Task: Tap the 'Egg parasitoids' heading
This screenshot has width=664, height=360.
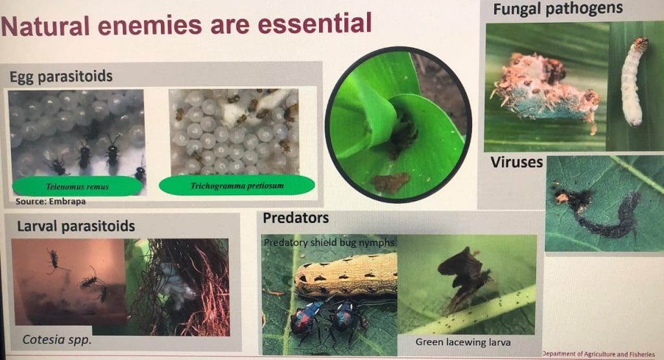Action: point(61,77)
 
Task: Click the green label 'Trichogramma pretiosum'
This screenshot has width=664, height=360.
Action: point(237,186)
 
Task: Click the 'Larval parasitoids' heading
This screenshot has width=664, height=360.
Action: point(73,226)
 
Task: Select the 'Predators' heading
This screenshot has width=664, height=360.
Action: point(296,218)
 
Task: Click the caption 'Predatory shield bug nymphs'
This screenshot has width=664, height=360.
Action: point(329,242)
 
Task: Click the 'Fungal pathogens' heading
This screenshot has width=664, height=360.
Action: point(558,9)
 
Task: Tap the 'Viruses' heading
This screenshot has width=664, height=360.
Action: point(516,162)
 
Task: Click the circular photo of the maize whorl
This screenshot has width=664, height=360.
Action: point(397,124)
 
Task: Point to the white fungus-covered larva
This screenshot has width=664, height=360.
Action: point(634,84)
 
